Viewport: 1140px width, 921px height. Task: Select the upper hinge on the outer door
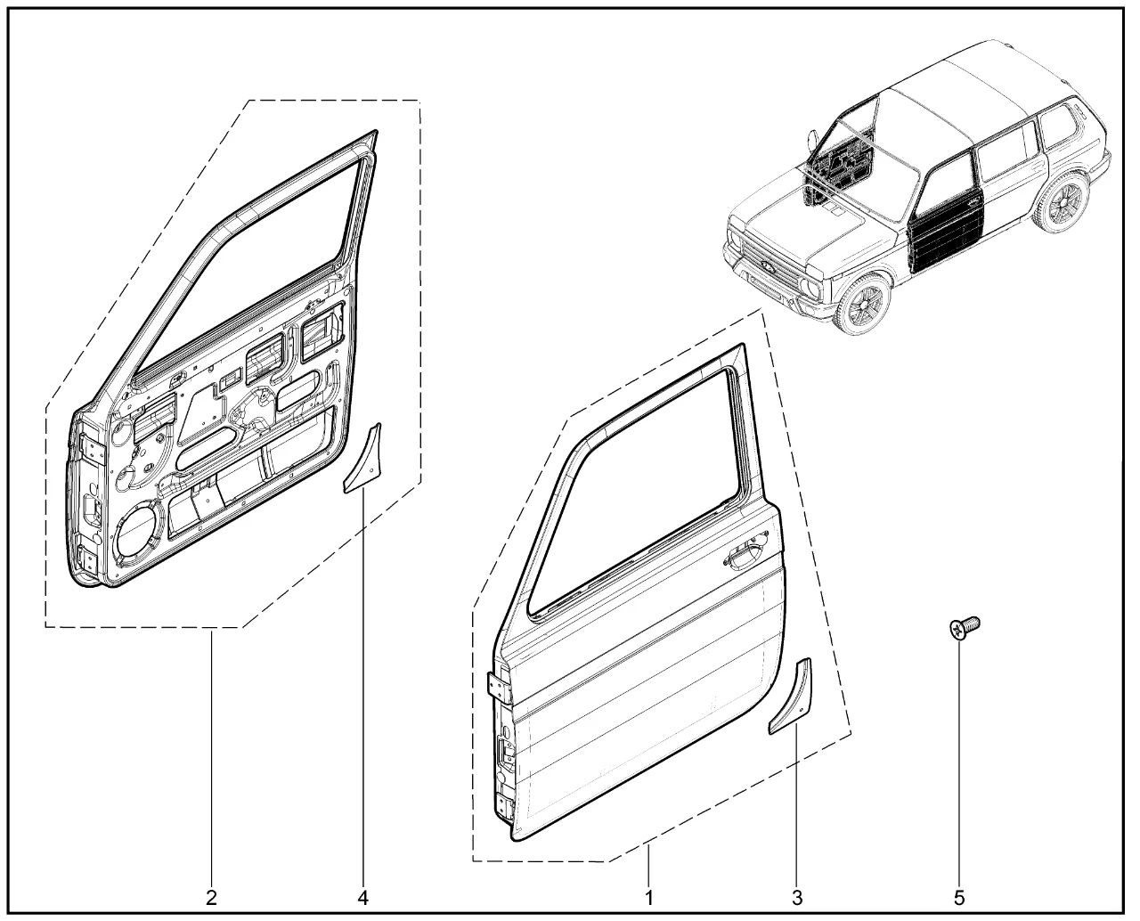point(495,687)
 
